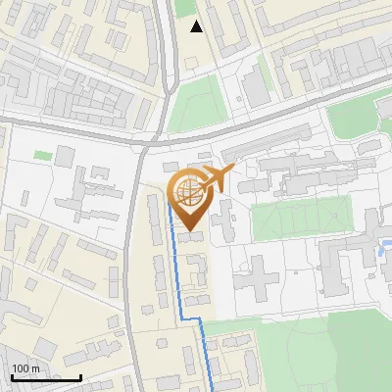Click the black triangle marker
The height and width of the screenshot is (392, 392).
click(x=197, y=26)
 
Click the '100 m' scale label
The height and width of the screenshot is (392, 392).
click(x=25, y=368)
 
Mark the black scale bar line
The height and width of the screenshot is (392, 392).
click(x=46, y=377)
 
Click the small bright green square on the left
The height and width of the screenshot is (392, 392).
click(x=41, y=155)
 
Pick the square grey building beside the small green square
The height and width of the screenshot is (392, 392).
click(x=65, y=156)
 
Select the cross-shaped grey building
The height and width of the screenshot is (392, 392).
click(x=257, y=276)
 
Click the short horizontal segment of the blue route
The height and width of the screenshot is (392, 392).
click(x=190, y=318)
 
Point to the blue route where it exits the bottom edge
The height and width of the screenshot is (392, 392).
click(x=213, y=389)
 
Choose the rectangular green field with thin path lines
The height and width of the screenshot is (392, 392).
click(x=300, y=218)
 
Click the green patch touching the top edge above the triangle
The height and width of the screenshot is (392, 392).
click(x=184, y=7)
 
